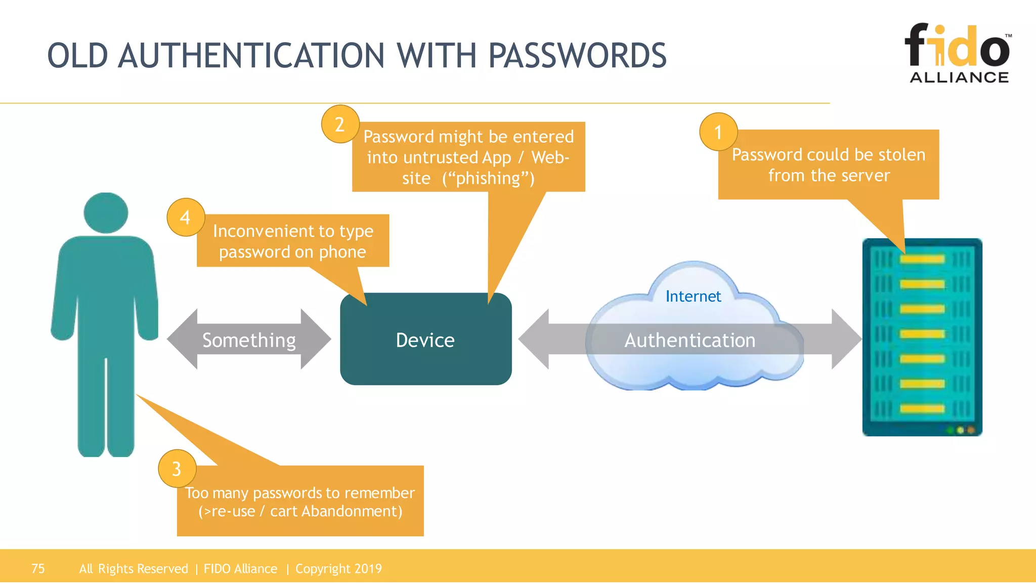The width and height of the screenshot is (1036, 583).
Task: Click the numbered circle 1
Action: coord(718,132)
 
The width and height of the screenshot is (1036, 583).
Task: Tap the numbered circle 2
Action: coord(340,124)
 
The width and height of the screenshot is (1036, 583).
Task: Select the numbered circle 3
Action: coord(177,469)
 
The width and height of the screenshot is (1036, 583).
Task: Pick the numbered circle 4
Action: coord(186,218)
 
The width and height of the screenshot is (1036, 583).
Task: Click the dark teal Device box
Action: coord(425,340)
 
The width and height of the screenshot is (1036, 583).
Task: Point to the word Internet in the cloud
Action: coord(693,296)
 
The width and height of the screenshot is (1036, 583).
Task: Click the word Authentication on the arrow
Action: coord(689,340)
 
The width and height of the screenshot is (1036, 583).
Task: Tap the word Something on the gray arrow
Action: coord(249,340)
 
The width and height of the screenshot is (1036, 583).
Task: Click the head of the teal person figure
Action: coord(106,213)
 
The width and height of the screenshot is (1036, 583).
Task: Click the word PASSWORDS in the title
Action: coord(577,56)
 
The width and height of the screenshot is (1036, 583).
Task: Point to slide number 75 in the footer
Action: coord(38,568)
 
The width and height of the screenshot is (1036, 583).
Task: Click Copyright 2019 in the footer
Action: coord(338,568)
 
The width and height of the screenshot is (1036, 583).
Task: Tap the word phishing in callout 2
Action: coord(488,178)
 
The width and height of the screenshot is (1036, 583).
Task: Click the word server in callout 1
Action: coord(865,175)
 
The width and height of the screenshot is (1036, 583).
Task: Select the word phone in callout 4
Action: coord(342,252)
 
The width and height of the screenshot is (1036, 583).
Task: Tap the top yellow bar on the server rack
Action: coord(922,260)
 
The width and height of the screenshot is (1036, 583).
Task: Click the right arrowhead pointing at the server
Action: coord(846,339)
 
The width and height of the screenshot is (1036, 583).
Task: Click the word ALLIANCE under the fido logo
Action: coord(959,77)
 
